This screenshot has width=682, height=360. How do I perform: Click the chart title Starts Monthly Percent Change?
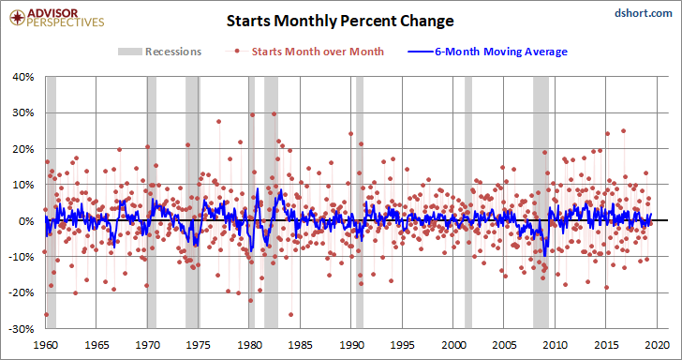click(340, 21)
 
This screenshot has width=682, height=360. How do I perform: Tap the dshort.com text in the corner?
click(644, 13)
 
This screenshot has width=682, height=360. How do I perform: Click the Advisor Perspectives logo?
click(56, 18)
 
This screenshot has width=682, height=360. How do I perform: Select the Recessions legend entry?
click(159, 52)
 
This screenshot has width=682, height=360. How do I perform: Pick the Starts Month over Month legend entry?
click(304, 52)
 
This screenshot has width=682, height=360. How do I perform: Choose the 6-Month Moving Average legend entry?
click(487, 52)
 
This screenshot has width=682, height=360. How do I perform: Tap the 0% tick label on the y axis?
click(28, 220)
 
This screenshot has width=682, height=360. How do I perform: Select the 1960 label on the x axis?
click(46, 345)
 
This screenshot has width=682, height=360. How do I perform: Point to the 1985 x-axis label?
click(301, 345)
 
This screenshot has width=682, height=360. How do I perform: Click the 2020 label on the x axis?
click(657, 345)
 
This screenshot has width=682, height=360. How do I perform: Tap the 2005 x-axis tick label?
click(504, 345)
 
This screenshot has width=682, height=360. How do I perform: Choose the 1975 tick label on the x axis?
click(199, 345)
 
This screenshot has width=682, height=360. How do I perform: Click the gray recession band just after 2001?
click(468, 202)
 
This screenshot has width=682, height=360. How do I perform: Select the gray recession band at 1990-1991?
click(360, 202)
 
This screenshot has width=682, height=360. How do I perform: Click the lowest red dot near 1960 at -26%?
click(47, 314)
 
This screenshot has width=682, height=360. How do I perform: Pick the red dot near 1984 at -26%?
click(290, 314)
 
